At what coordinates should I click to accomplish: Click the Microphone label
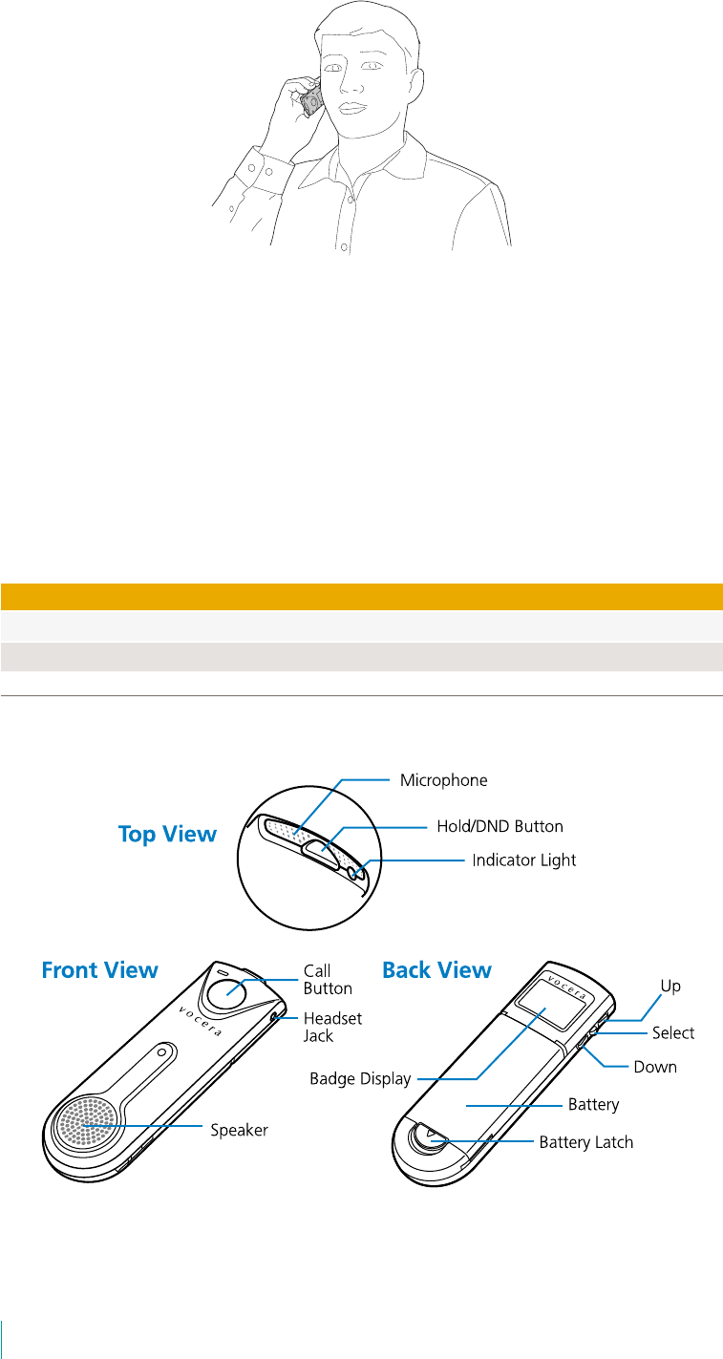coord(443,780)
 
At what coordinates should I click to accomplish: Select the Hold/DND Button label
coord(500,826)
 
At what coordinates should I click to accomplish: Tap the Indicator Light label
coord(524,860)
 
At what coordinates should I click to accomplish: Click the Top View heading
coord(167,834)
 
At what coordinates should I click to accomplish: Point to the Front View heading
coord(99,970)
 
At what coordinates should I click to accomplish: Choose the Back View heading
coord(436,970)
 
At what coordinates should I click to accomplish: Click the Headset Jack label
coord(332,1027)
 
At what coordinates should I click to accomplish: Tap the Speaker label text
coord(239,1130)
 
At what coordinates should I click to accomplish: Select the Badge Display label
coord(360,1079)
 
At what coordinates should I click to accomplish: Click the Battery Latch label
coord(585,1141)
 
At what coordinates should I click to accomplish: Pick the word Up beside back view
coord(670,986)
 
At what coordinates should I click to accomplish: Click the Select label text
coord(673,1032)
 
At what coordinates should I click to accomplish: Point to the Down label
coord(655,1067)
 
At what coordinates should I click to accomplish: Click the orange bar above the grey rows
coord(361,596)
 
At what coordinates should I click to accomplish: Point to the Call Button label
coord(328,980)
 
